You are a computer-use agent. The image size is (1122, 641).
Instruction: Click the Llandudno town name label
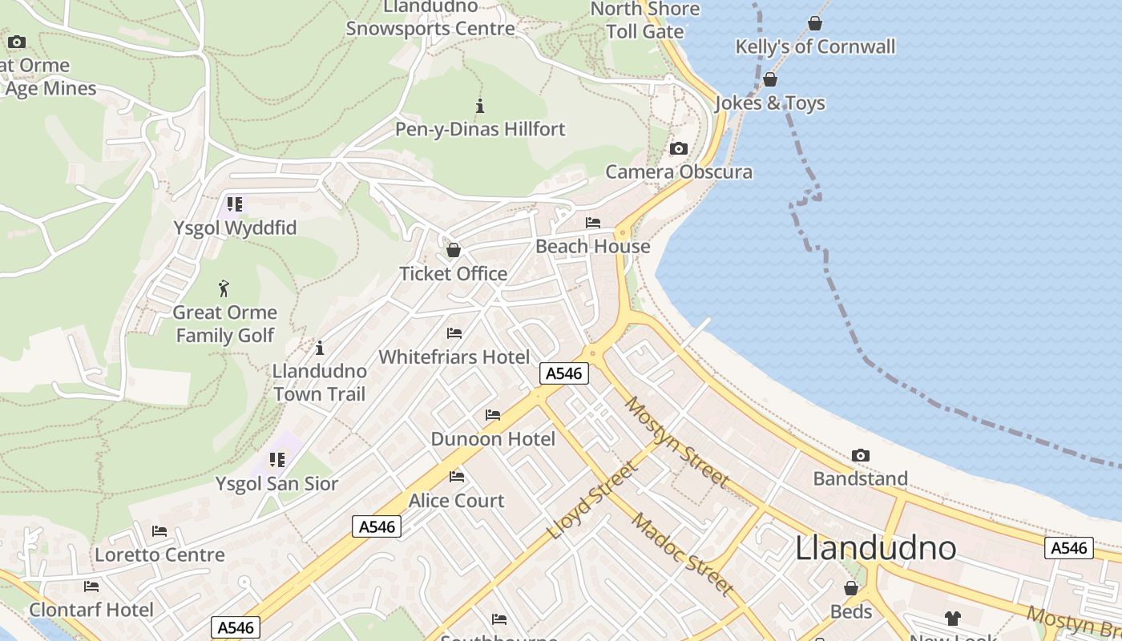pyautogui.click(x=875, y=548)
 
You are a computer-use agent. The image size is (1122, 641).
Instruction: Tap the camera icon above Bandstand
pyautogui.click(x=861, y=455)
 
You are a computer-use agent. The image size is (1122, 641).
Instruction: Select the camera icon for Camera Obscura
pyautogui.click(x=679, y=148)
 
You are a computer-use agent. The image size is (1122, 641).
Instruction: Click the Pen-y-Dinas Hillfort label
pyautogui.click(x=480, y=129)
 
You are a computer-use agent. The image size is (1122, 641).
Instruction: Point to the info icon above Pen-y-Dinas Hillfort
pyautogui.click(x=480, y=105)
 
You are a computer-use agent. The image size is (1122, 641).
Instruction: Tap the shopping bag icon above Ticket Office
pyautogui.click(x=454, y=250)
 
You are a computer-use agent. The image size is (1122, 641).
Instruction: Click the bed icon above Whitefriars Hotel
pyautogui.click(x=454, y=333)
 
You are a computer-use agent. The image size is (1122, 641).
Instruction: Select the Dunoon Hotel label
pyautogui.click(x=493, y=439)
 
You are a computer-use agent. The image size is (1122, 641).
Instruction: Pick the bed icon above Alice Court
pyautogui.click(x=457, y=477)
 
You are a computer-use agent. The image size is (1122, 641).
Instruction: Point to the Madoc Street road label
pyautogui.click(x=682, y=554)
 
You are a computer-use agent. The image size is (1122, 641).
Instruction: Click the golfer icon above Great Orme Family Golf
pyautogui.click(x=224, y=288)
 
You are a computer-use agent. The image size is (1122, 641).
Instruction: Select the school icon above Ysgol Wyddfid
pyautogui.click(x=235, y=204)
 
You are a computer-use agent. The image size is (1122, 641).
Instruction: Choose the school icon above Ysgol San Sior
pyautogui.click(x=277, y=460)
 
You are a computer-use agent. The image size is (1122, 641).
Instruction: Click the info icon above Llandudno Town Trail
pyautogui.click(x=320, y=348)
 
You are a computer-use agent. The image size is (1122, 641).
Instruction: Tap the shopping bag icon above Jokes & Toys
pyautogui.click(x=770, y=79)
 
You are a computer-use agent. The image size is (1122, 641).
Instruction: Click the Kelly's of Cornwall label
pyautogui.click(x=815, y=46)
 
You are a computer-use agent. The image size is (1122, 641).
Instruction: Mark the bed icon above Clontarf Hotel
pyautogui.click(x=91, y=587)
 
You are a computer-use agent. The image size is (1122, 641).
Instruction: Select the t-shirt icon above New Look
pyautogui.click(x=952, y=618)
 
